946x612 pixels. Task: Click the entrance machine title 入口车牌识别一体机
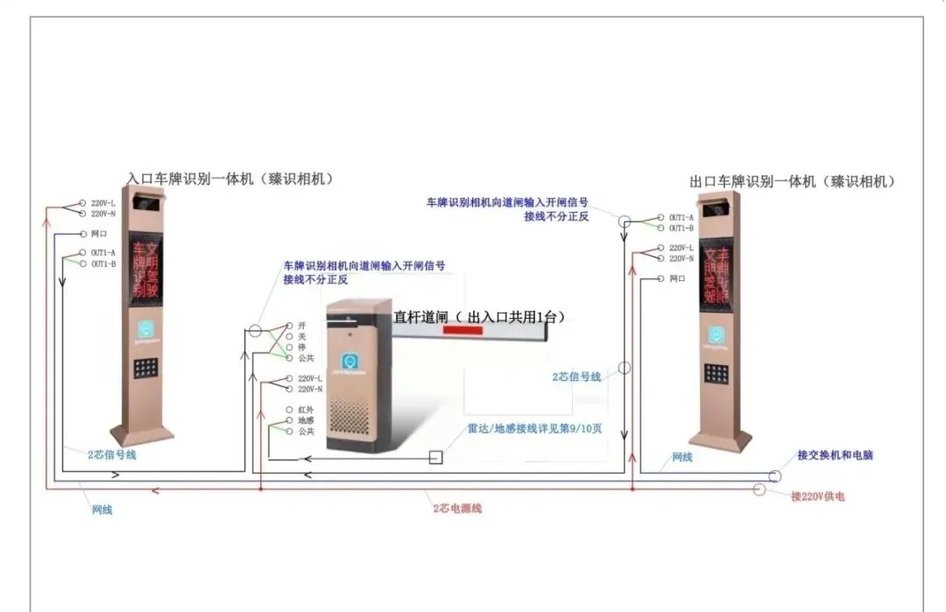point(230,179)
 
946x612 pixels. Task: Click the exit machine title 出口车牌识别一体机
point(793,181)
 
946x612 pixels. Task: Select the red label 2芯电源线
point(456,508)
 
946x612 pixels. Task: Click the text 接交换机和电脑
point(835,455)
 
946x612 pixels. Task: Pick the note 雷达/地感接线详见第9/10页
point(534,429)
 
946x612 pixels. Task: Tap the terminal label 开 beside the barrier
point(301,325)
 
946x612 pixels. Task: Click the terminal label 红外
point(306,410)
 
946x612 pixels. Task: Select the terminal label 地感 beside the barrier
point(306,420)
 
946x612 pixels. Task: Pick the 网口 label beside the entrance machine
point(99,234)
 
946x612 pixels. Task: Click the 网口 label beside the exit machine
point(677,278)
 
